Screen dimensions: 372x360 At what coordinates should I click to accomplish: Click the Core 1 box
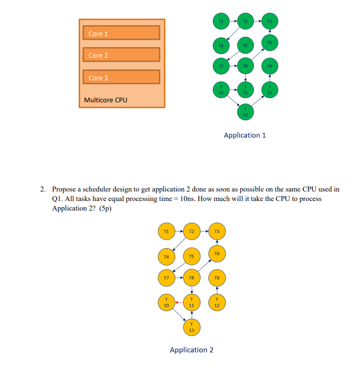121,33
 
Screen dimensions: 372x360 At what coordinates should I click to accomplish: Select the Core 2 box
121,55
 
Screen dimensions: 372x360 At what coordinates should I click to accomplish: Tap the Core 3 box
121,77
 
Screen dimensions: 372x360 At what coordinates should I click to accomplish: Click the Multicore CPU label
106,100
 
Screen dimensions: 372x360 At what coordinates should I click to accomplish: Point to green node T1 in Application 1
221,21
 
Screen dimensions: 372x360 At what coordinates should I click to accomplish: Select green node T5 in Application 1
245,45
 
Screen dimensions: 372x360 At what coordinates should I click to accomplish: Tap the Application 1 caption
245,135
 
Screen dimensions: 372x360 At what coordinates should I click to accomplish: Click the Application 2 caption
191,350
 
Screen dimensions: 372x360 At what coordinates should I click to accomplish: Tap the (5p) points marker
104,208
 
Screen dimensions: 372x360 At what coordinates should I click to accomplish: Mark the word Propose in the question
64,190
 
